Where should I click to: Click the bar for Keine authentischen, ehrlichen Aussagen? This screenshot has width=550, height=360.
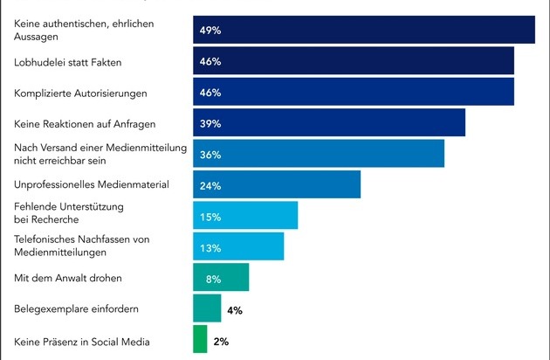tap(363, 30)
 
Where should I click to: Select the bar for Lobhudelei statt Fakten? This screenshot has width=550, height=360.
tap(353, 61)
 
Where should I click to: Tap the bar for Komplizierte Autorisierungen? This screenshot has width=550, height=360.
tap(353, 92)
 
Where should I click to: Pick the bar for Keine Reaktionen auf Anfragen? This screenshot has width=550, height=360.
tap(328, 123)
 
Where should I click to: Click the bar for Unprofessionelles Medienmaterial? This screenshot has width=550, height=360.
tap(276, 185)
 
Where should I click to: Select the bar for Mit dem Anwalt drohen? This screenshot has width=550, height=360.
tap(221, 278)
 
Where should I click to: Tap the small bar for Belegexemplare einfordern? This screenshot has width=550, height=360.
tap(207, 308)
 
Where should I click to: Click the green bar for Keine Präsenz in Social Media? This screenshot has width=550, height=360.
tap(200, 340)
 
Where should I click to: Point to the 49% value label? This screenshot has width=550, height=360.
tap(210, 31)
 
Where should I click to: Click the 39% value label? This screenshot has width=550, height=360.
tap(210, 123)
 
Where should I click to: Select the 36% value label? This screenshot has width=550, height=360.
tap(210, 155)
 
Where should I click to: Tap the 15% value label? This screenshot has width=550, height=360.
tap(210, 217)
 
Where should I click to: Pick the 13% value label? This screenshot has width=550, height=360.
tap(210, 247)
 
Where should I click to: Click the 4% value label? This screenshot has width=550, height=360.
tap(234, 309)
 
